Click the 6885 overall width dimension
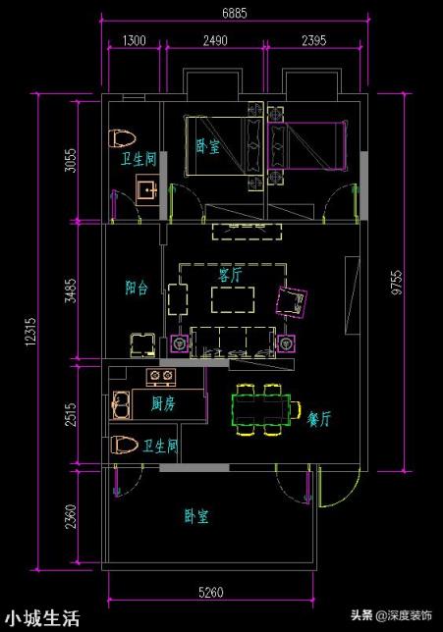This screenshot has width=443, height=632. (x=235, y=13)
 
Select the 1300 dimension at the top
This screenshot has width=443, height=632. (x=134, y=40)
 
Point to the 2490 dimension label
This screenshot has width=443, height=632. (x=215, y=40)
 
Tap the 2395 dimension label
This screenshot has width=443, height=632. (x=314, y=40)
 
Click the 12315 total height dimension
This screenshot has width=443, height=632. (x=30, y=332)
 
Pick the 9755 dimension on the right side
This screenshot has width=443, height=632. (x=397, y=283)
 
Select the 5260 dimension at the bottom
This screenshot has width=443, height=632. (x=210, y=592)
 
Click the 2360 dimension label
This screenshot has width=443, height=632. (x=71, y=517)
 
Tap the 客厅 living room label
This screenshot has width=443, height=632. (x=231, y=276)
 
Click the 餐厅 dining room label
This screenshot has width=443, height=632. (x=318, y=419)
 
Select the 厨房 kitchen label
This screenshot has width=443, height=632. (x=163, y=403)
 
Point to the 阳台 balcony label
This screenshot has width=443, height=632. (x=137, y=288)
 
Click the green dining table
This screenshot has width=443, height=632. (x=261, y=409)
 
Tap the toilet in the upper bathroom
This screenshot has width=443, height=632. (x=122, y=138)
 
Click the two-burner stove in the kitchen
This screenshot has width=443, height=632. (x=160, y=376)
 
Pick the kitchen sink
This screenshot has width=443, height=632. (x=122, y=404)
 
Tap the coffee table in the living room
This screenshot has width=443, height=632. (x=233, y=299)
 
